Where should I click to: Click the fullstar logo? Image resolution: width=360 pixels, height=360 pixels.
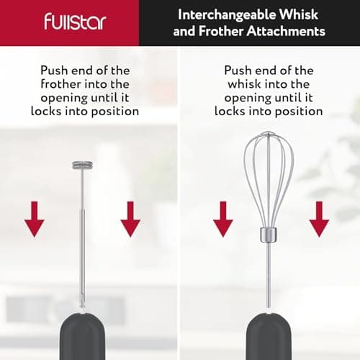coord(74,21)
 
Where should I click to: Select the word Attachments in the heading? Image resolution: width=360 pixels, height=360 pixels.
coord(289,31)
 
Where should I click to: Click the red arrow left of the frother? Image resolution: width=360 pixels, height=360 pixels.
coord(34,219)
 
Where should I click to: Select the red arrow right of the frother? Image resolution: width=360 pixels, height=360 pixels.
coord(130,219)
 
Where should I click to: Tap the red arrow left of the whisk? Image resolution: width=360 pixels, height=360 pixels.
coord(222,219)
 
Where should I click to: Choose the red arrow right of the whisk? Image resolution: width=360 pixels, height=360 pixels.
coord(319,219)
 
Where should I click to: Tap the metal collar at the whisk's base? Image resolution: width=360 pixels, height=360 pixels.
coord(268,234)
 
